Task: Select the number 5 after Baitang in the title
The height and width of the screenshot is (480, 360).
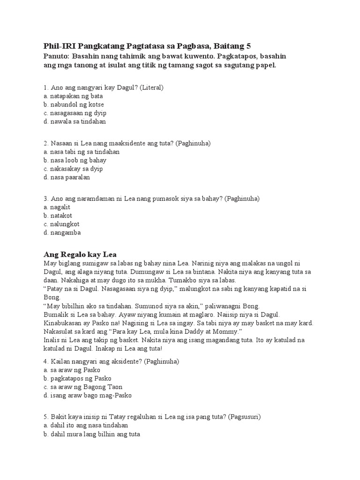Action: click(x=248, y=46)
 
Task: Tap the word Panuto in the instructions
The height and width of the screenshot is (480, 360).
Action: click(x=56, y=56)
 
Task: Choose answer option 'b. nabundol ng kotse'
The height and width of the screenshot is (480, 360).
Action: click(x=74, y=105)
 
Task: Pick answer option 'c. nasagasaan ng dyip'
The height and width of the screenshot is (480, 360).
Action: click(x=75, y=113)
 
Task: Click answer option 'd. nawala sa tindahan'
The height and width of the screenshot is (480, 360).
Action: click(x=75, y=121)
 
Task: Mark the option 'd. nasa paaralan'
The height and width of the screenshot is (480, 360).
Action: click(x=67, y=177)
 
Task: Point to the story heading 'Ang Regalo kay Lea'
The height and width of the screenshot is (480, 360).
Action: click(x=80, y=255)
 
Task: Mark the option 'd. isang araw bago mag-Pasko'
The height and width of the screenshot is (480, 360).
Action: click(x=88, y=395)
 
